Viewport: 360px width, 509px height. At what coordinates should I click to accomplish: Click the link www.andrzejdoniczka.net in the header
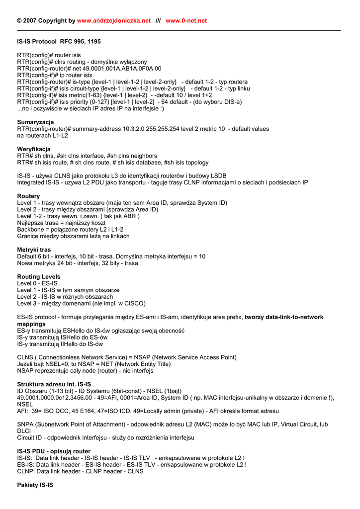point(114,21)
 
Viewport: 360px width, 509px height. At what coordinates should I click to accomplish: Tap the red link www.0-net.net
point(186,21)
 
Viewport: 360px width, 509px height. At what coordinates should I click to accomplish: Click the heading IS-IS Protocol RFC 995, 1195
point(59,42)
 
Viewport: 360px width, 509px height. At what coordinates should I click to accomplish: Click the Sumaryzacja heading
point(35,122)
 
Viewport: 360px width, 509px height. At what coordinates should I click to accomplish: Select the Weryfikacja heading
point(34,149)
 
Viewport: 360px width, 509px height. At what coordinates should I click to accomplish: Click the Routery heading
point(28,196)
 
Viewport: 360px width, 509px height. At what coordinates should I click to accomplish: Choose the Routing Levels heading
point(39,277)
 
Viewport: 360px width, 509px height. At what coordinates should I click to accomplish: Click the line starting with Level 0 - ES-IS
point(37,283)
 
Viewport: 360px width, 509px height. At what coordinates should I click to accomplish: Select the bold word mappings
point(31,324)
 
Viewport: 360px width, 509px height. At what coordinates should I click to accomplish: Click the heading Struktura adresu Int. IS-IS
point(54,384)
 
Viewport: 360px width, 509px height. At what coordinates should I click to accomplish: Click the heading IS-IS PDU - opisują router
point(54,451)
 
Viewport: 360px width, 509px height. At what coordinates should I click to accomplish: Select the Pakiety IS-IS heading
point(35,485)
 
